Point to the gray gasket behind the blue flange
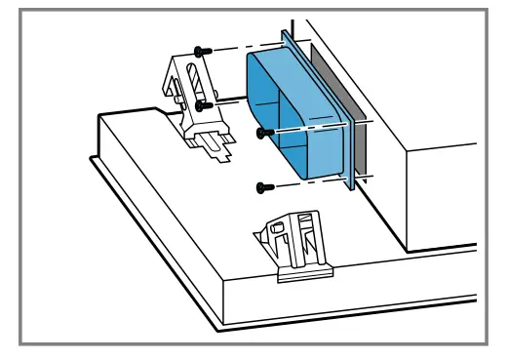(x=359, y=146)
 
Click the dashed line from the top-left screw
(x=239, y=49)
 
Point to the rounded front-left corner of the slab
(x=94, y=159)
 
